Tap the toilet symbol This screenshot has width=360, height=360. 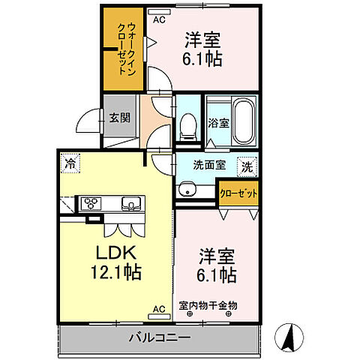click(x=188, y=125)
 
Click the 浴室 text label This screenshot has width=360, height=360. click(x=218, y=123)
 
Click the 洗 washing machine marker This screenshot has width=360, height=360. click(x=247, y=166)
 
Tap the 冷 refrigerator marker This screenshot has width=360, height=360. click(x=70, y=160)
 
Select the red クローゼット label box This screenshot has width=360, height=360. click(x=238, y=193)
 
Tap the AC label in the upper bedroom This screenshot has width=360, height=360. click(x=158, y=19)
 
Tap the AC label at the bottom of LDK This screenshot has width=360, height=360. click(x=159, y=309)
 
